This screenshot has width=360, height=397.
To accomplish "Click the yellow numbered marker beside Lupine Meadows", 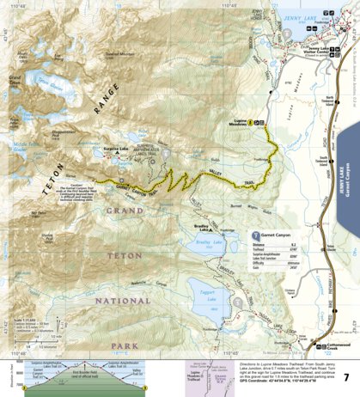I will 250,123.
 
